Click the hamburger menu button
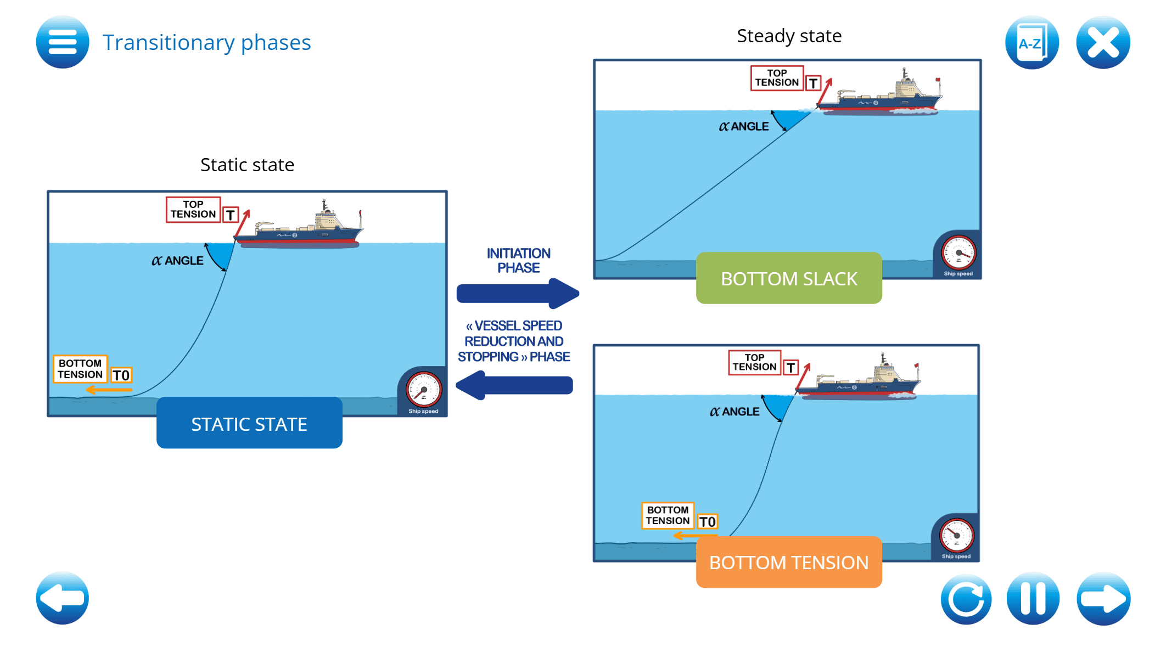click(x=63, y=42)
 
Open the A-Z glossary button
click(x=1031, y=42)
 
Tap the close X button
click(x=1103, y=42)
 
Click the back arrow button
click(x=63, y=598)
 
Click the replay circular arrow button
click(x=966, y=598)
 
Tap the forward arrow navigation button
click(x=1103, y=598)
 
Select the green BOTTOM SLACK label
click(x=789, y=278)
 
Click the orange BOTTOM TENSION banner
click(x=789, y=563)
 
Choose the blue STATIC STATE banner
click(x=249, y=423)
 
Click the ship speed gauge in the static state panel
click(x=423, y=390)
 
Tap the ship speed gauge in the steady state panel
click(x=958, y=253)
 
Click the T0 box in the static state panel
click(x=121, y=375)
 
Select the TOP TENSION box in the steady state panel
click(x=777, y=78)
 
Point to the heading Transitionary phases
click(x=206, y=42)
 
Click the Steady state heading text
click(x=789, y=36)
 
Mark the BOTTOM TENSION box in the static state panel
click(x=80, y=369)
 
